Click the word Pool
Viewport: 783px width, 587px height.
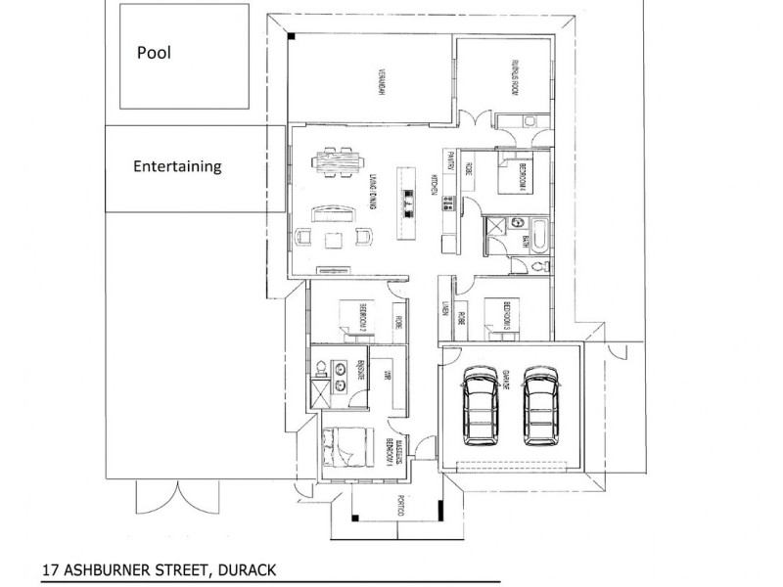point(155,53)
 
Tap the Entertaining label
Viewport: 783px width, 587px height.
point(177,166)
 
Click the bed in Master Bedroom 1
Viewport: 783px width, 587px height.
point(343,450)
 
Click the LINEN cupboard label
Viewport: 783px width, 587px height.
point(443,311)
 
